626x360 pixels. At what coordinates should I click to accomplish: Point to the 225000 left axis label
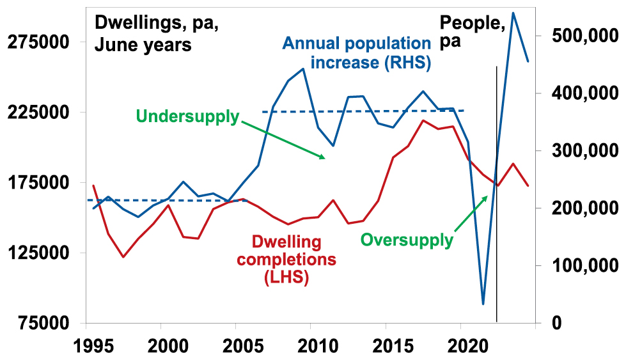[x=40, y=113]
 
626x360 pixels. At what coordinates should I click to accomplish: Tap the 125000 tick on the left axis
[x=40, y=253]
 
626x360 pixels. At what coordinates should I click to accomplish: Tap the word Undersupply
[x=187, y=117]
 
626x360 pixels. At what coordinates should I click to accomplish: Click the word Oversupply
[x=407, y=240]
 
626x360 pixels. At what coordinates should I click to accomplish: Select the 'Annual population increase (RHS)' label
[x=357, y=53]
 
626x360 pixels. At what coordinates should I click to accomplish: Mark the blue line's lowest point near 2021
[x=483, y=304]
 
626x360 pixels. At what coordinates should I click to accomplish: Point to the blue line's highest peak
[x=513, y=13]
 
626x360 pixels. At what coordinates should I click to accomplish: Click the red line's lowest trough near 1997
[x=123, y=257]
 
